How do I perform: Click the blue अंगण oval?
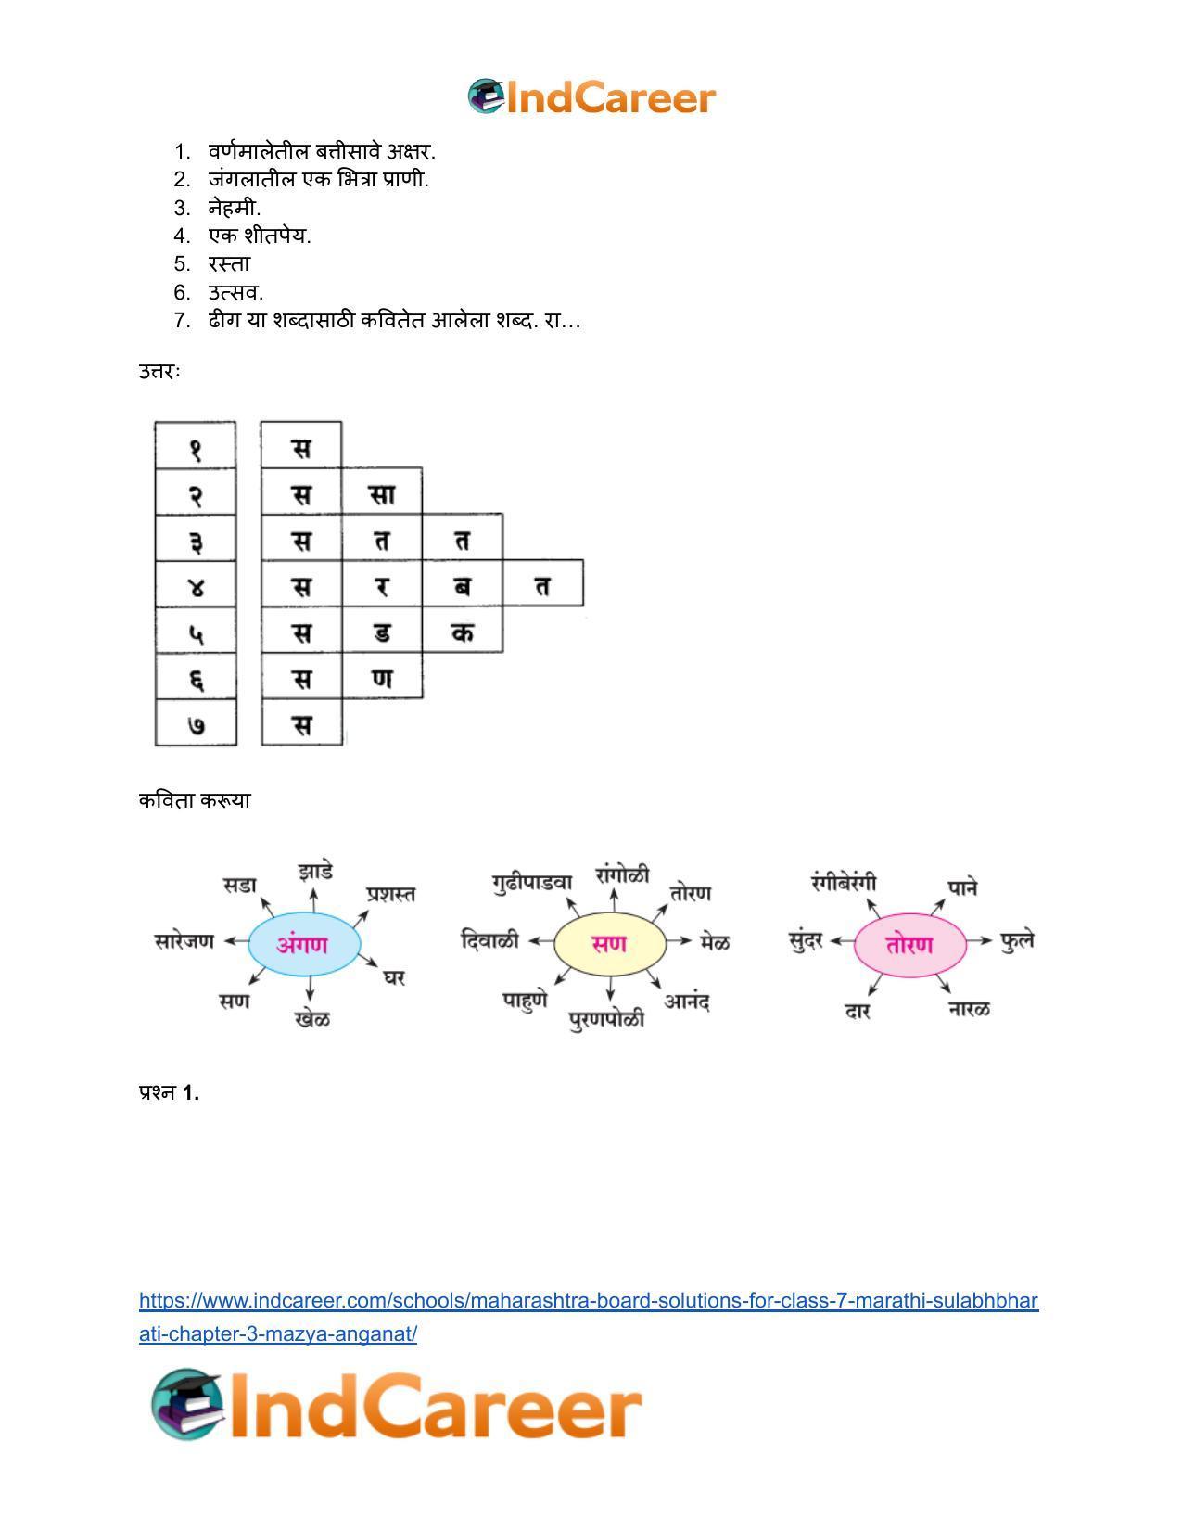click(x=304, y=945)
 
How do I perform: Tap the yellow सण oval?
click(x=609, y=945)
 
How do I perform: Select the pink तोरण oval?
click(x=909, y=945)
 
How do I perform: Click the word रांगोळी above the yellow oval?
click(x=623, y=875)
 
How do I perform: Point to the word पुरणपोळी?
click(x=606, y=1019)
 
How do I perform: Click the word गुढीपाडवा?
click(x=533, y=882)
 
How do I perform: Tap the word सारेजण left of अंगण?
click(x=184, y=941)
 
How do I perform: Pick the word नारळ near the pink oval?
click(x=970, y=1008)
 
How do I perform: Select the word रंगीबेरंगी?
click(x=844, y=882)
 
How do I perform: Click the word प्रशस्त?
click(x=390, y=894)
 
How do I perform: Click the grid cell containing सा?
click(x=382, y=492)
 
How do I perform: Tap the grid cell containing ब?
click(x=463, y=584)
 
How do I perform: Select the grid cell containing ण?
click(x=382, y=677)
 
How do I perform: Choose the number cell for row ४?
click(x=196, y=585)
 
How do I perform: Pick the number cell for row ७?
click(x=196, y=724)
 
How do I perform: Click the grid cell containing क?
click(x=463, y=632)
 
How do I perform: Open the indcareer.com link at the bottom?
click(x=588, y=1301)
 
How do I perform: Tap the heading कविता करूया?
click(x=195, y=800)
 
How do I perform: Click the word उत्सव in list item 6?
click(x=235, y=293)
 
